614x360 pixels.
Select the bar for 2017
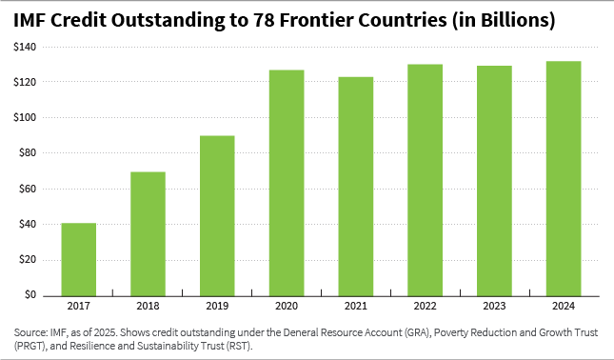[78, 259]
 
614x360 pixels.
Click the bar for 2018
[148, 233]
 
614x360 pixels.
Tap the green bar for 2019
[217, 215]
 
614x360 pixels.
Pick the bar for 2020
[286, 182]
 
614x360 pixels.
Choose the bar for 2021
[355, 186]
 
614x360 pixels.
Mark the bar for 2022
[425, 180]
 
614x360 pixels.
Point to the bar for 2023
[494, 181]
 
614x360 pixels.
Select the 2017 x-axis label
[78, 307]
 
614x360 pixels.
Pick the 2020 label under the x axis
[286, 307]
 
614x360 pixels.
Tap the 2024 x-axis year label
[564, 307]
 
